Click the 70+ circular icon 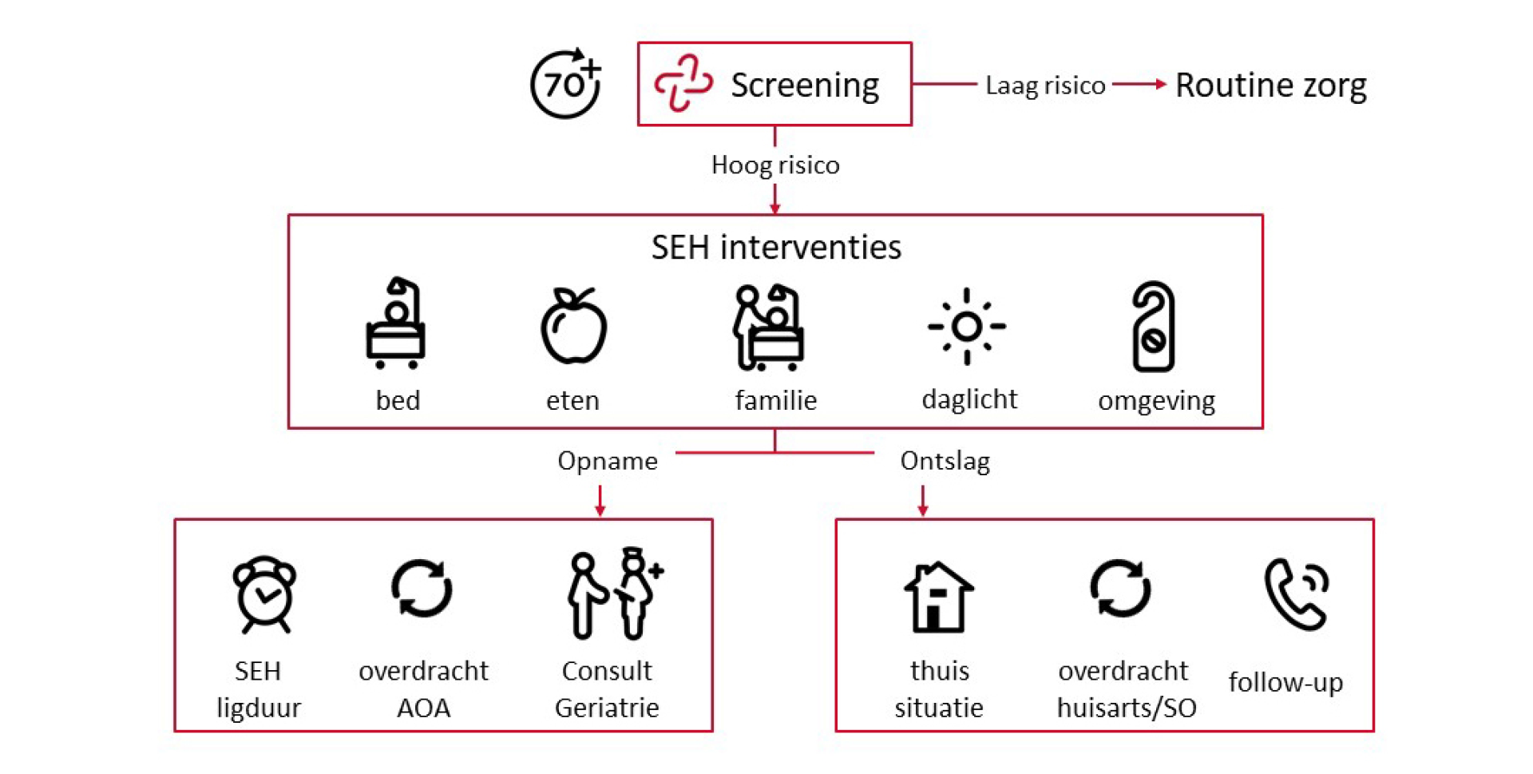point(565,84)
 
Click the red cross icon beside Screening point(683,83)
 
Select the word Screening point(805,85)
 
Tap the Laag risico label point(1045,85)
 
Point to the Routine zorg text point(1271,85)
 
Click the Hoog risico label point(775,165)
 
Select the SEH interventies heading point(776,247)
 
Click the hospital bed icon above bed point(395,323)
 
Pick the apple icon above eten point(573,325)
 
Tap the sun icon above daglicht point(967,326)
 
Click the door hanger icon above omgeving point(1153,326)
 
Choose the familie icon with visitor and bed point(768,327)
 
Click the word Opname point(608,461)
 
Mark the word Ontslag point(945,461)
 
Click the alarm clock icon point(264,594)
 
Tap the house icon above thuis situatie point(939,597)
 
